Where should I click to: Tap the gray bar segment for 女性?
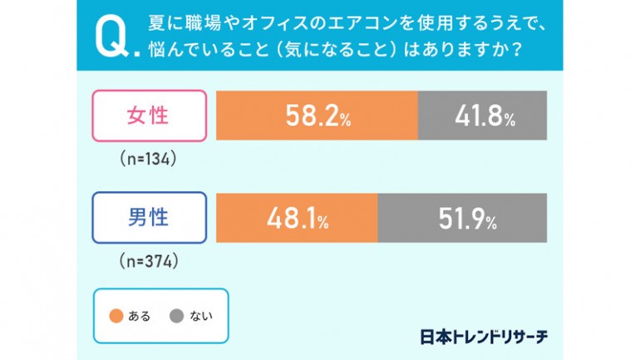[x=482, y=116]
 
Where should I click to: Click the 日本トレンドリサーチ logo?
[x=485, y=336]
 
